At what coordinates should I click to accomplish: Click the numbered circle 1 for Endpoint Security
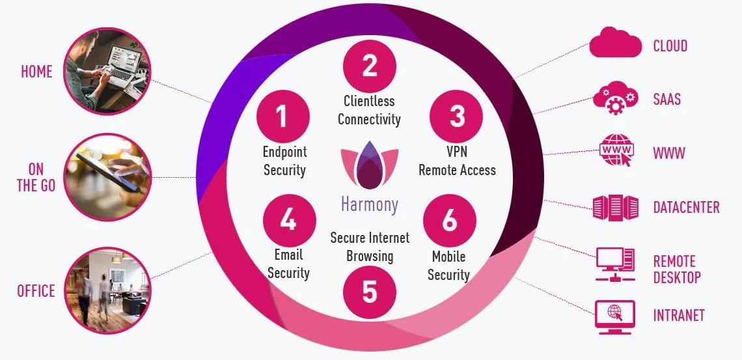(282, 117)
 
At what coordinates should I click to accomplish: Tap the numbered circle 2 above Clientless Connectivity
(369, 66)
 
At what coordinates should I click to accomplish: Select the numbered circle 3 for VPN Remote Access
(457, 117)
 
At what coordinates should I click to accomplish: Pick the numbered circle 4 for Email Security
(288, 221)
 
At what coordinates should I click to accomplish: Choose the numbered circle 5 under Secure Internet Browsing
(369, 292)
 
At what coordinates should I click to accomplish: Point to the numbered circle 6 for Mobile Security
(449, 221)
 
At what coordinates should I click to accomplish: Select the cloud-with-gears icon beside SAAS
(614, 99)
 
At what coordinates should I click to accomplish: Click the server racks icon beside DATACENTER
(614, 208)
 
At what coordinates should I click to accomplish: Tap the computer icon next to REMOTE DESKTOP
(614, 264)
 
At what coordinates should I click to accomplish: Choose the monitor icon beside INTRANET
(614, 316)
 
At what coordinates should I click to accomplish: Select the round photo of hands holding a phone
(107, 176)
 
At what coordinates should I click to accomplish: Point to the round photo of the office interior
(107, 289)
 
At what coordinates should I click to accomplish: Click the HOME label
(37, 72)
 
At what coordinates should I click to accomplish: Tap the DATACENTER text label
(686, 208)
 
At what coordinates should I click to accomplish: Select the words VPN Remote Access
(457, 161)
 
